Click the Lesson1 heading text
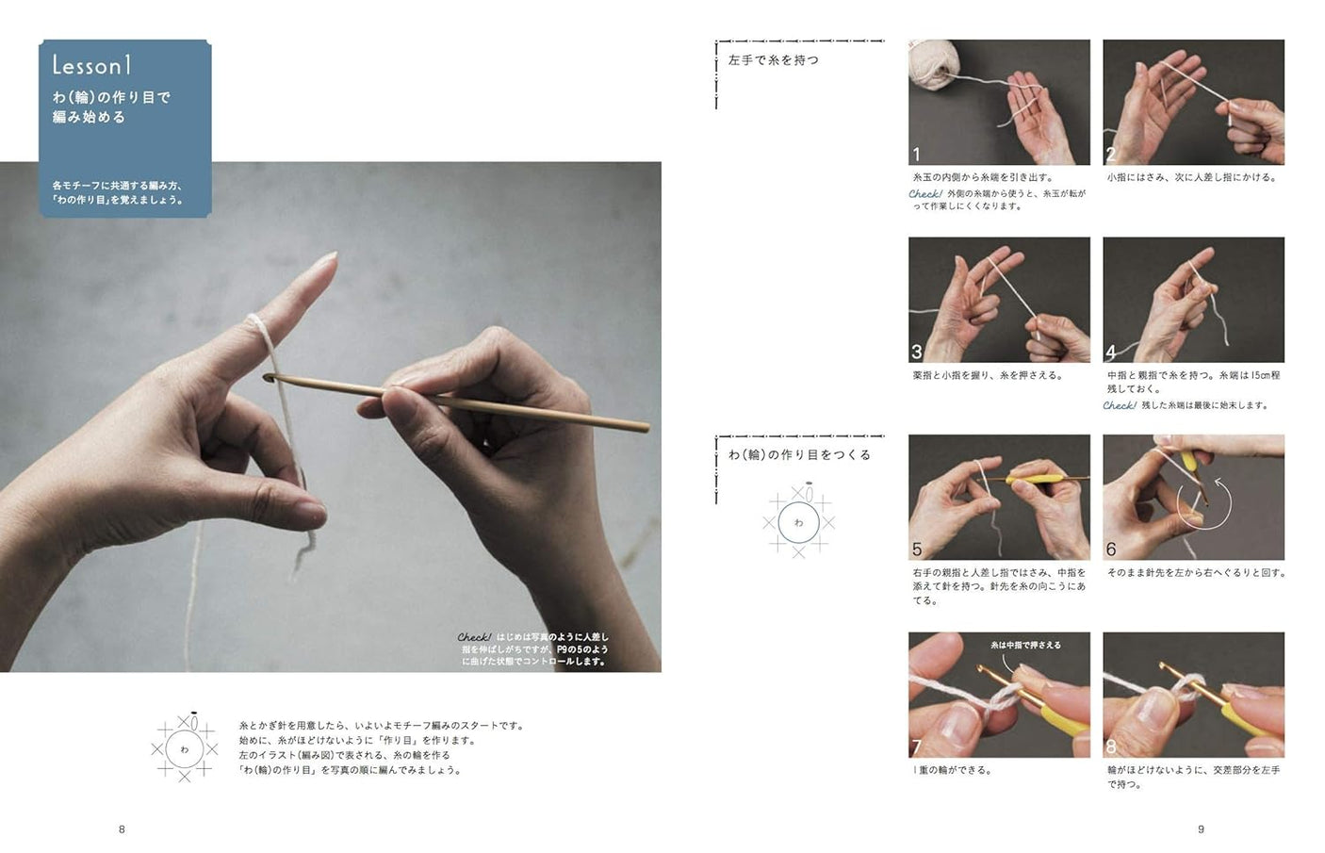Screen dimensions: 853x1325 pyautogui.click(x=92, y=65)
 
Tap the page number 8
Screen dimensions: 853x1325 pyautogui.click(x=122, y=829)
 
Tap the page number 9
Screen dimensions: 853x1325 pyautogui.click(x=1201, y=829)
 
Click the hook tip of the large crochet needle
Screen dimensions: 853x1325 pyautogui.click(x=268, y=377)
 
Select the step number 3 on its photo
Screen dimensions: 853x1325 pyautogui.click(x=917, y=352)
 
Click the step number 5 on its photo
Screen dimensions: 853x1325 pyautogui.click(x=917, y=550)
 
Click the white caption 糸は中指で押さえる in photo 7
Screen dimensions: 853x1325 pyautogui.click(x=1025, y=645)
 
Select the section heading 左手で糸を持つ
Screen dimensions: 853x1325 pyautogui.click(x=774, y=60)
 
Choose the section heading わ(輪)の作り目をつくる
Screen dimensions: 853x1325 pyautogui.click(x=799, y=454)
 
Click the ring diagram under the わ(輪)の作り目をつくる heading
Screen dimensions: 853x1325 pyautogui.click(x=798, y=521)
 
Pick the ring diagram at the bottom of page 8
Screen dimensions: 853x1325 pyautogui.click(x=184, y=748)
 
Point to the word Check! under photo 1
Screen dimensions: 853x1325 pyautogui.click(x=925, y=193)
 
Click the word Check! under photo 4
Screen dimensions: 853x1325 pyautogui.click(x=1120, y=405)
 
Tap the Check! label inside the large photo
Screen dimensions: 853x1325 pyautogui.click(x=474, y=637)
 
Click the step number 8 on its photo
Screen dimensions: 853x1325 pyautogui.click(x=1111, y=746)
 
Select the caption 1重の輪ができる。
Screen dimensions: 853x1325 pyautogui.click(x=953, y=770)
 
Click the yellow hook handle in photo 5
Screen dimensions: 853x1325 pyautogui.click(x=1027, y=480)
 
